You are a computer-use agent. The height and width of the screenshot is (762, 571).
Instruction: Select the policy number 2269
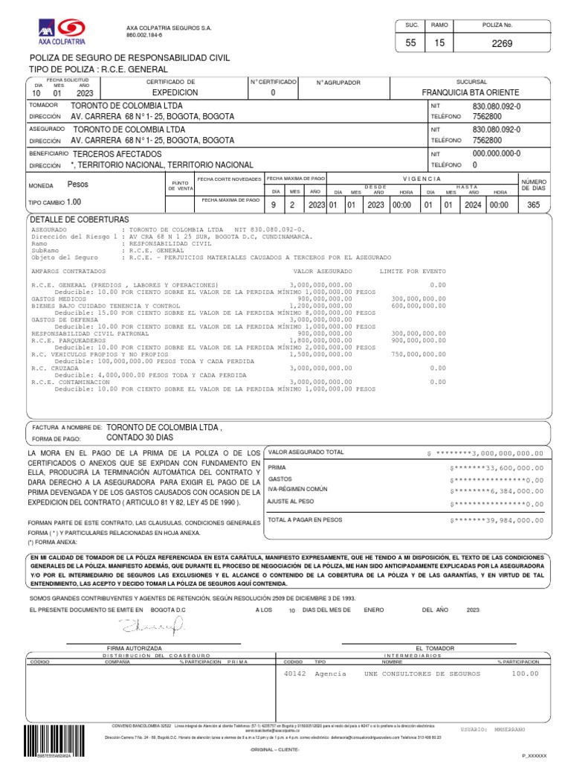coord(502,44)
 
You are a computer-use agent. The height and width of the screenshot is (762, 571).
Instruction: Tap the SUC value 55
coord(411,44)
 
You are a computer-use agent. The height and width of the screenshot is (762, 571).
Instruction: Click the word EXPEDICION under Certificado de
coord(175,93)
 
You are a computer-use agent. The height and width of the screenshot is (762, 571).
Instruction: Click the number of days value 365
coord(532,204)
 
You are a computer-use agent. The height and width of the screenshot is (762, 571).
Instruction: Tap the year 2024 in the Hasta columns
coord(473,204)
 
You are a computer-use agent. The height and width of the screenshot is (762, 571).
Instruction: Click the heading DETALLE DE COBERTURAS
coord(79,220)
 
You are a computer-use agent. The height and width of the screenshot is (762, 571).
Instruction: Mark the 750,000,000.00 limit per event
coord(418,354)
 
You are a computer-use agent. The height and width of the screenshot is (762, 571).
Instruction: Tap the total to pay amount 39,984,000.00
coord(502,519)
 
